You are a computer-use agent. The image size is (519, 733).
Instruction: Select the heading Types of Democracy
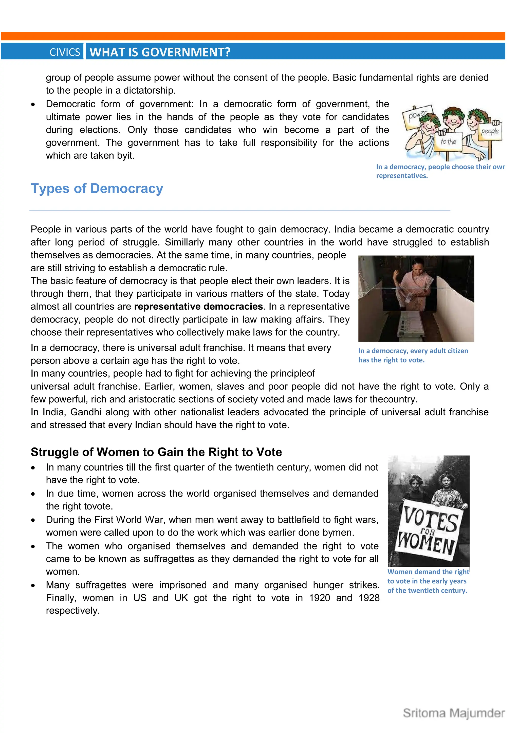click(x=97, y=188)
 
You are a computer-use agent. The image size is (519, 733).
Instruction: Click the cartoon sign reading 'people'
click(x=490, y=131)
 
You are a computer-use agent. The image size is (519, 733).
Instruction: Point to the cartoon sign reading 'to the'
click(x=448, y=141)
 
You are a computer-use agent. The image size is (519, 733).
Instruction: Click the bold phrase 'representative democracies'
click(x=198, y=307)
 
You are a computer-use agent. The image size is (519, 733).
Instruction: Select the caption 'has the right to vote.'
click(x=392, y=360)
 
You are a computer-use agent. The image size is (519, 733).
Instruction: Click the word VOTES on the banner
click(x=430, y=519)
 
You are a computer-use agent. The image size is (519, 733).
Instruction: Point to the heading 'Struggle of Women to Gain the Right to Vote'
click(x=156, y=452)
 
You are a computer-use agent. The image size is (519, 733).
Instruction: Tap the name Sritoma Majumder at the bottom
click(x=454, y=713)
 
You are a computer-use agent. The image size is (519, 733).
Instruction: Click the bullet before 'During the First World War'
click(x=33, y=520)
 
